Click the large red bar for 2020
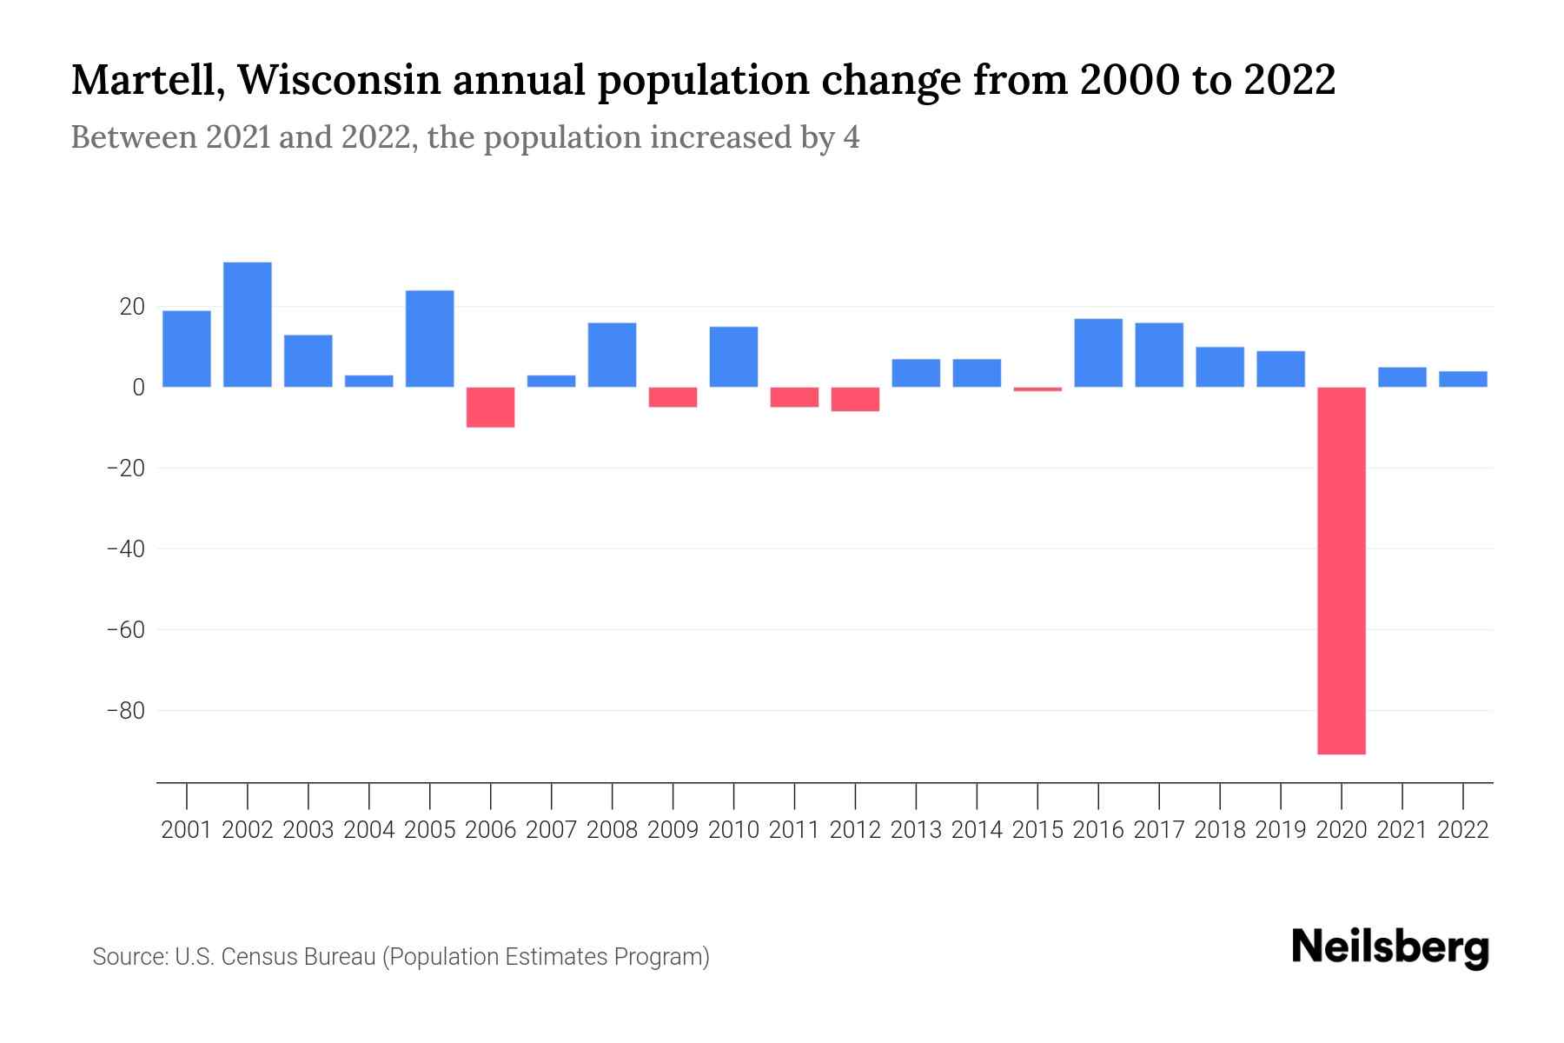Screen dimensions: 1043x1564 (x=1341, y=570)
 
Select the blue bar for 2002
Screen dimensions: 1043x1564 (x=248, y=324)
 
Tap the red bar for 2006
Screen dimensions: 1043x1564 (x=491, y=407)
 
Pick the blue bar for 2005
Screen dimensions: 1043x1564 (x=430, y=338)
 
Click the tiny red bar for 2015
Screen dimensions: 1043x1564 (x=1037, y=389)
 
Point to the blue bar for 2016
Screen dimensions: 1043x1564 (x=1098, y=353)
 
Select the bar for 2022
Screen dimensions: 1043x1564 (x=1462, y=379)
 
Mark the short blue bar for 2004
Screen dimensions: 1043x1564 (x=369, y=381)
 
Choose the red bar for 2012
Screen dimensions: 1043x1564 (x=855, y=399)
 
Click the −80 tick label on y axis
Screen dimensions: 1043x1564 (x=125, y=711)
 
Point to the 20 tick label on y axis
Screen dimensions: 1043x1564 (x=132, y=307)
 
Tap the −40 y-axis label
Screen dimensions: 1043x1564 (x=125, y=549)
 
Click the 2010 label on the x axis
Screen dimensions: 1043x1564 (x=733, y=830)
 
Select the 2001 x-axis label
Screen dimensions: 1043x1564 (x=187, y=830)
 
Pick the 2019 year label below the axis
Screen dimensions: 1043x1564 (x=1280, y=830)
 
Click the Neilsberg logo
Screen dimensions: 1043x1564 (x=1390, y=947)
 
